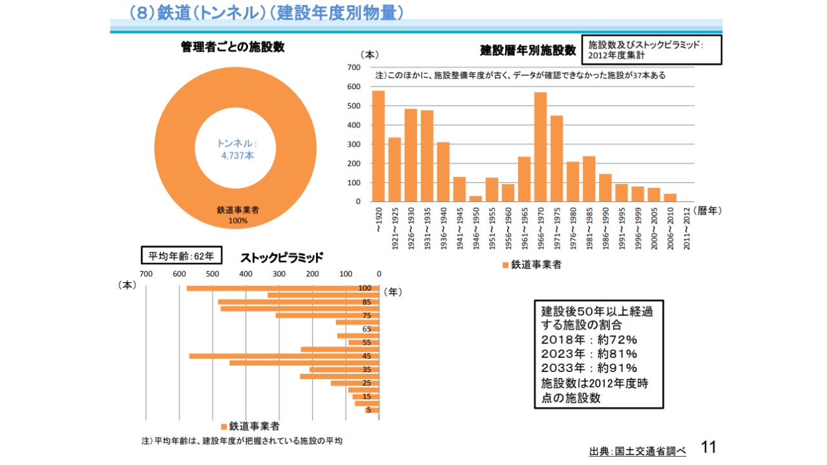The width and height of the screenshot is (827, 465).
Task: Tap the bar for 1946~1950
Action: pyautogui.click(x=476, y=199)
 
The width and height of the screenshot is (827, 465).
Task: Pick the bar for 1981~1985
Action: pyautogui.click(x=589, y=179)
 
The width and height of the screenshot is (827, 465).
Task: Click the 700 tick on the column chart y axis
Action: pyautogui.click(x=353, y=67)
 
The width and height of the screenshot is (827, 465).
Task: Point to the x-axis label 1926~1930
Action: pyautogui.click(x=411, y=226)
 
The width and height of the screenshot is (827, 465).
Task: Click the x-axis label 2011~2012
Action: pyautogui.click(x=686, y=226)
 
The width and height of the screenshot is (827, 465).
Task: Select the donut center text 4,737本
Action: pyautogui.click(x=236, y=156)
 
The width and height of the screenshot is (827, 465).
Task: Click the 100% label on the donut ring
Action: pyautogui.click(x=238, y=221)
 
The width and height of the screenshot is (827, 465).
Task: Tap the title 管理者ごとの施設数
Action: pyautogui.click(x=233, y=47)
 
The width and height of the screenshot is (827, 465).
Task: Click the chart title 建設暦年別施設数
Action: pyautogui.click(x=528, y=50)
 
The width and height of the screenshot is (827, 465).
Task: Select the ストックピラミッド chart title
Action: pyautogui.click(x=282, y=258)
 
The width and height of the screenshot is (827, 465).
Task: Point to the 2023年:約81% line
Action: pyautogui.click(x=589, y=353)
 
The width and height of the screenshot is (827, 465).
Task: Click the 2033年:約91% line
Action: pyautogui.click(x=589, y=368)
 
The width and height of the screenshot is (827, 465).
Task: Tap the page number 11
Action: pyautogui.click(x=709, y=447)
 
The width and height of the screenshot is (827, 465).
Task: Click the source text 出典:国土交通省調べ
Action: pyautogui.click(x=637, y=451)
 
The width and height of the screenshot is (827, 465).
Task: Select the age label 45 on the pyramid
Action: pyautogui.click(x=366, y=356)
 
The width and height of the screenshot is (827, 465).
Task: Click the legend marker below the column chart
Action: pyautogui.click(x=505, y=265)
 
